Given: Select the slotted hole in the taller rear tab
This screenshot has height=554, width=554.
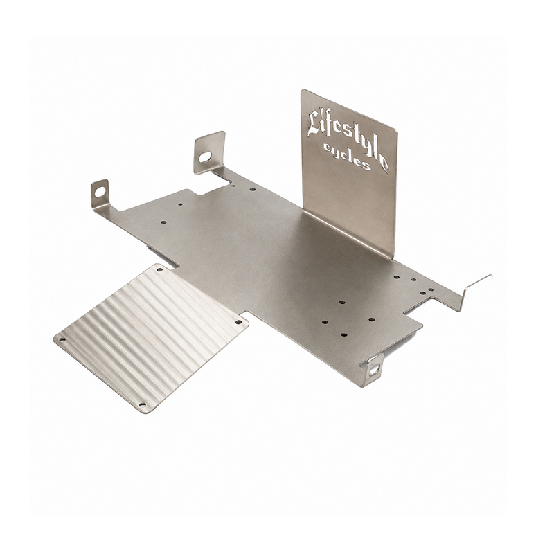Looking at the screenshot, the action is coord(204,157).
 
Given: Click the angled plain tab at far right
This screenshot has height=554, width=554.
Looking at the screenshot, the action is coord(476,289).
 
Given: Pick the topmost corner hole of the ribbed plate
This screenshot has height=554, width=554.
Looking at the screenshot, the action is coord(159,269).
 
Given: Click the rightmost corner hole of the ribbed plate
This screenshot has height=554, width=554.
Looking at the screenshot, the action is coord(238,322).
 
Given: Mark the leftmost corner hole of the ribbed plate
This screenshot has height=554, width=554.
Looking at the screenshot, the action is coord(62,339).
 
